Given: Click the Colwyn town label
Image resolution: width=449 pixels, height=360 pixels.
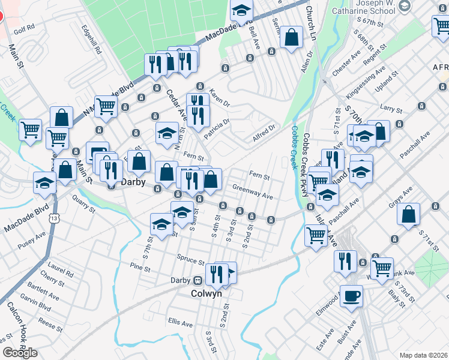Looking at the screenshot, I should pyautogui.click(x=206, y=294).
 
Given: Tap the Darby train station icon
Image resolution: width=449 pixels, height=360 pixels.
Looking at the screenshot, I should pyautogui.click(x=196, y=280).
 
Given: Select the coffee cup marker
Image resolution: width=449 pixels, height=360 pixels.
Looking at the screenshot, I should pyautogui.click(x=351, y=296).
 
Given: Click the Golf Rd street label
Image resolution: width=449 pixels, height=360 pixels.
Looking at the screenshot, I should pyautogui.click(x=25, y=27).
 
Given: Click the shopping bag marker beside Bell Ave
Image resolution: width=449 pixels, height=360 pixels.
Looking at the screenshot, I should pyautogui.click(x=291, y=37).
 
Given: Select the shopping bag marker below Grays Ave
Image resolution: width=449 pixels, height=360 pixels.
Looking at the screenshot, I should pyautogui.click(x=408, y=214).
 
